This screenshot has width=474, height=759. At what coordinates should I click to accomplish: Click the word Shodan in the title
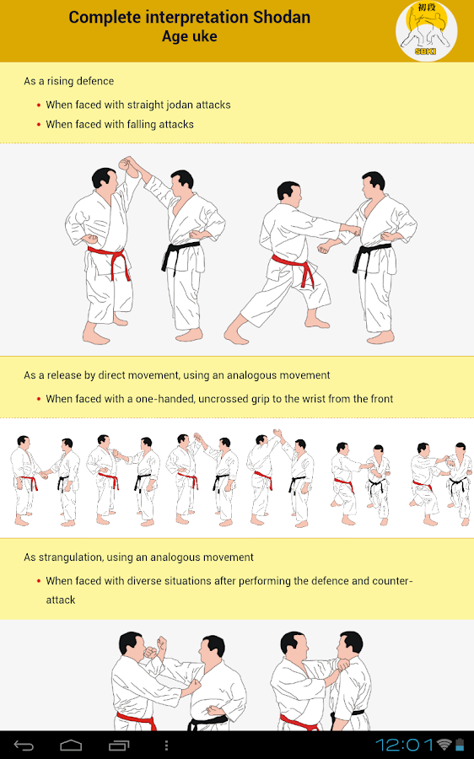282,18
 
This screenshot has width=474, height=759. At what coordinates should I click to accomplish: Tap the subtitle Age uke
189,37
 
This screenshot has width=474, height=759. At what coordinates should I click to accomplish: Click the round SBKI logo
426,31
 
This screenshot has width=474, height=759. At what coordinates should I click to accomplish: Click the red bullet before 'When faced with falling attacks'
39,125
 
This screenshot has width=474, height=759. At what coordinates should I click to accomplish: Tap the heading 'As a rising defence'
69,81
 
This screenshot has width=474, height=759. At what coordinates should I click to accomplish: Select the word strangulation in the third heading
71,557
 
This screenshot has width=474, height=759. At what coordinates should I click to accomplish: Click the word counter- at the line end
392,581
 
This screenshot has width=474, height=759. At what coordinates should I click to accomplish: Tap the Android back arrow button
24,745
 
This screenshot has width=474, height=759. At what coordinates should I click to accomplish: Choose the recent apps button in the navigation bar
119,745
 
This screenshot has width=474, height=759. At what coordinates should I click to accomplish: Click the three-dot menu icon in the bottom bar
166,745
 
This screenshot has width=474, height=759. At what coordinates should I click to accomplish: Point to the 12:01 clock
404,745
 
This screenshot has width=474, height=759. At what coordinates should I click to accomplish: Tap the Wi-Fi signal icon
444,745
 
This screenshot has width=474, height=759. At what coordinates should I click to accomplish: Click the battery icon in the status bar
460,745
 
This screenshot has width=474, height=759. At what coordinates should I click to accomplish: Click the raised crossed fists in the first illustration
128,164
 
